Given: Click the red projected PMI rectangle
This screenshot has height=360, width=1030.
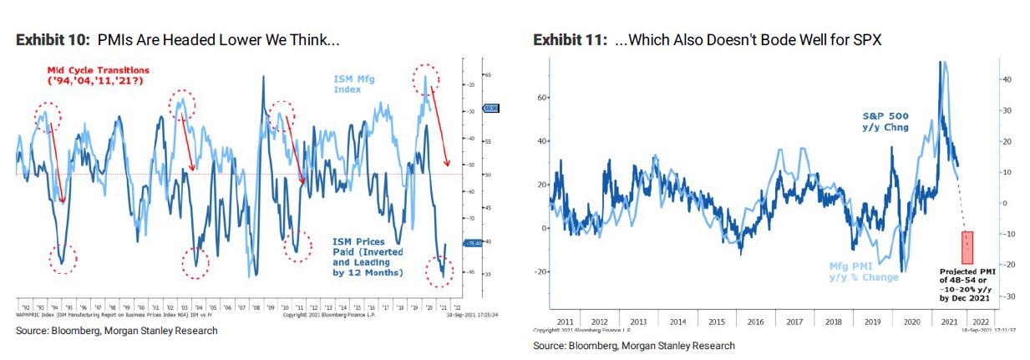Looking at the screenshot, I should [967, 247].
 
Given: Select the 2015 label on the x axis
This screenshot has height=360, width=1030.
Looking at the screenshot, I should [718, 321].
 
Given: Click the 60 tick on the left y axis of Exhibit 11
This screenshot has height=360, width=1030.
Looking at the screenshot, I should [540, 98].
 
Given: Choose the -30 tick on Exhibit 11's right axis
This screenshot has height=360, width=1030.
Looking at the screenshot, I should [1008, 297].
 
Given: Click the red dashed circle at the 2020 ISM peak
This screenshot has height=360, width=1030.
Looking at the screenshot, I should [427, 79].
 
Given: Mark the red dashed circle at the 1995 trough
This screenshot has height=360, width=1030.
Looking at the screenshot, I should [63, 259].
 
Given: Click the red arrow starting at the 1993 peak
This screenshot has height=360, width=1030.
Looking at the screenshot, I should [57, 163].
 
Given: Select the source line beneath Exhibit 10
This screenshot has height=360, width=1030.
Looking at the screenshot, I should [117, 331].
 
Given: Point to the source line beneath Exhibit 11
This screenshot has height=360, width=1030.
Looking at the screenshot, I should [634, 346].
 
